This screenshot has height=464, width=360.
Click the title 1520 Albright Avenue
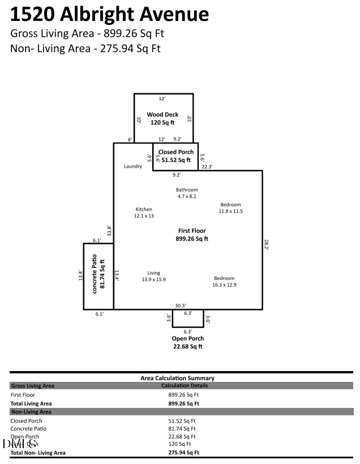point(110,14)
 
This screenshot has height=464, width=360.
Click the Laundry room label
point(133,167)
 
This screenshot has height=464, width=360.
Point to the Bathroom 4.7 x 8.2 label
point(187,193)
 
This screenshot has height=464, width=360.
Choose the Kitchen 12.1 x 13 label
point(144,212)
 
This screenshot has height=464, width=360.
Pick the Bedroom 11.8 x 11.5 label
point(230,208)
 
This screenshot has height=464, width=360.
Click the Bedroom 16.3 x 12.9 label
point(224,282)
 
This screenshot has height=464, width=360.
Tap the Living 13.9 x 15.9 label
point(153,276)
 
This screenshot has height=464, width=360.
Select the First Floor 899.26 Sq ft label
point(192,235)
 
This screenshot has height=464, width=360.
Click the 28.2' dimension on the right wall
point(267,245)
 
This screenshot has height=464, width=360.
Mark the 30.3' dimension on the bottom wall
point(181,305)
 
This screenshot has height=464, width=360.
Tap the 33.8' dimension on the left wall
point(110,231)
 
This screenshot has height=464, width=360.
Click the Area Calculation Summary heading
point(177,378)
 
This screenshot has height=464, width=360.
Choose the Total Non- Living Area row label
point(38,453)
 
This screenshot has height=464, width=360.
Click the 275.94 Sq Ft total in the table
point(183,453)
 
